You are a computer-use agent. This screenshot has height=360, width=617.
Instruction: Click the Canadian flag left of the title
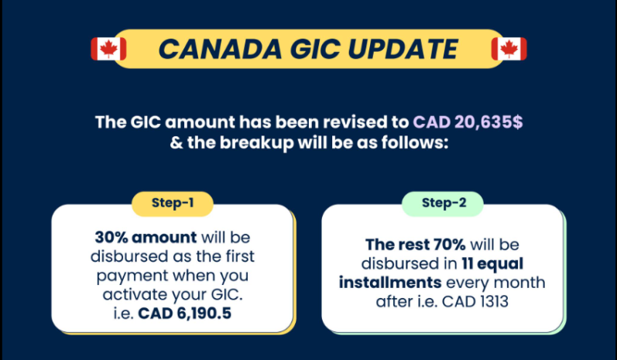tap(108, 49)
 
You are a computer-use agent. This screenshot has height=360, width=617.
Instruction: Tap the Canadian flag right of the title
tap(509, 49)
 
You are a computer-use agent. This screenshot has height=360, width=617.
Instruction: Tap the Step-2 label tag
tap(442, 204)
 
